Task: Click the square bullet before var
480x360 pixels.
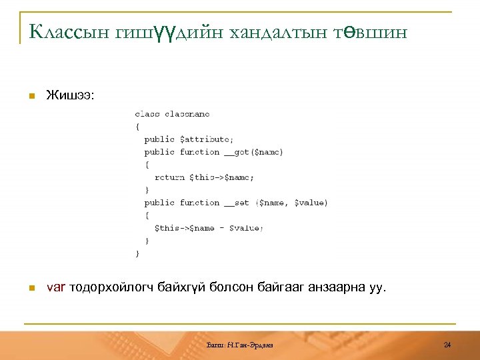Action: [x=31, y=289]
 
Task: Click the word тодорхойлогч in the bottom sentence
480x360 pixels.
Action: [x=111, y=288]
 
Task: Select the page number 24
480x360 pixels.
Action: [x=447, y=344]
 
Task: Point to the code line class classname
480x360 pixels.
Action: [x=172, y=114]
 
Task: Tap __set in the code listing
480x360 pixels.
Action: [x=237, y=203]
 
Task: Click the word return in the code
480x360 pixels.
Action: [x=169, y=177]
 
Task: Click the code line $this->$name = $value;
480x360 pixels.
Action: [x=209, y=228]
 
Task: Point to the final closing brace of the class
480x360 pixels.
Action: [x=137, y=253]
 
